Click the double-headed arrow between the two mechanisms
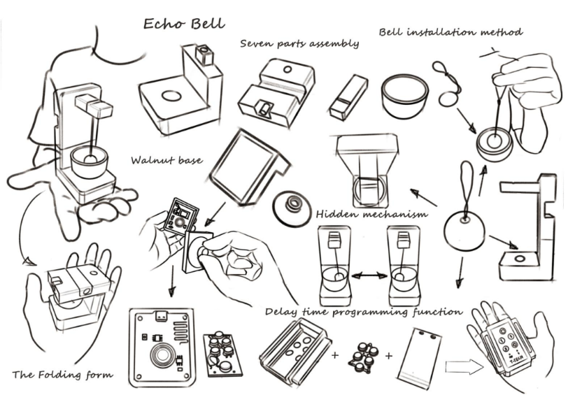[x=367, y=276]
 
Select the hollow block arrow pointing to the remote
[x=464, y=367]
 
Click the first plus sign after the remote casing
[x=334, y=355]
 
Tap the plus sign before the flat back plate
[x=388, y=356]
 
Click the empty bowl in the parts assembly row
[x=404, y=96]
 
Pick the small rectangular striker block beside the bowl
[x=349, y=98]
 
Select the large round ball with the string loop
[x=464, y=230]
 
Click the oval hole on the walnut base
[x=171, y=96]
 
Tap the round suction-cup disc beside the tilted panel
[x=292, y=209]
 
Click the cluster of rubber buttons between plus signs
[x=362, y=357]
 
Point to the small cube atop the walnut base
[x=204, y=54]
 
